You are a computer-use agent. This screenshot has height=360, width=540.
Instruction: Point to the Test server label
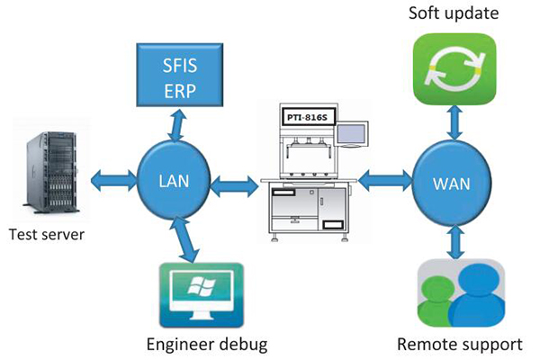[46, 237]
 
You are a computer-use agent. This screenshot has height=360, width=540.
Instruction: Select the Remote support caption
[460, 344]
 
